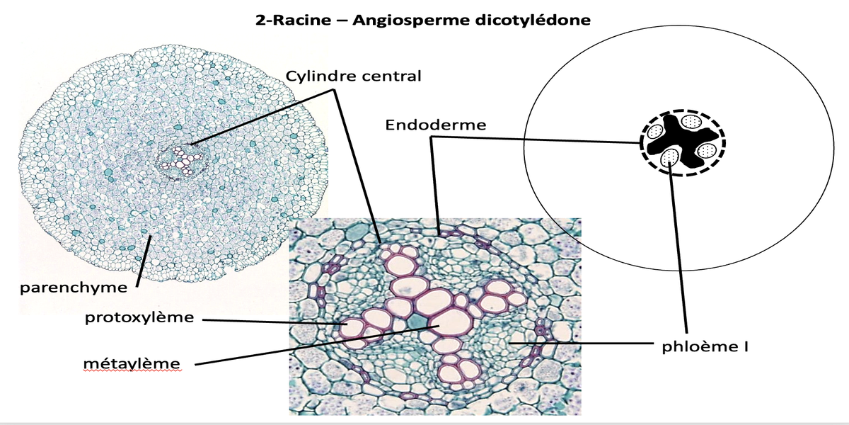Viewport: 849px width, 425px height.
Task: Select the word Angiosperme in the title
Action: pos(395,20)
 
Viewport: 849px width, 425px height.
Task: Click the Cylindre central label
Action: pos(353,76)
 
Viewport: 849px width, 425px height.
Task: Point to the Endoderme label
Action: pos(436,125)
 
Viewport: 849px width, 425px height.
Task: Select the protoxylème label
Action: pos(139,317)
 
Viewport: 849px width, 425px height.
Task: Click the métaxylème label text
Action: pos(131,363)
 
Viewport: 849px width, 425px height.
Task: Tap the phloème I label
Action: pos(705,347)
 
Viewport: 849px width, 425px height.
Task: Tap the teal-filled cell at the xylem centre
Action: pos(418,322)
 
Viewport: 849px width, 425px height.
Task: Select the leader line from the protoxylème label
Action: pos(276,322)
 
